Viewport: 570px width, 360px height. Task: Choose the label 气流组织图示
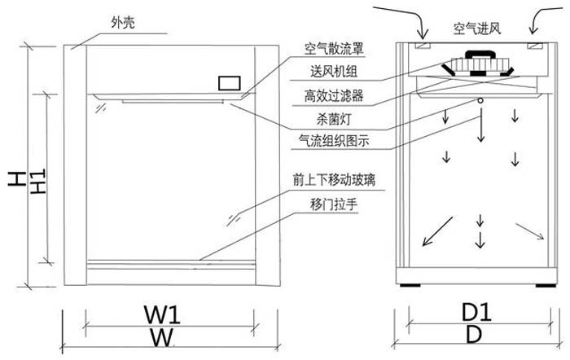(335, 140)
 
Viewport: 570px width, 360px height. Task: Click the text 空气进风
(476, 29)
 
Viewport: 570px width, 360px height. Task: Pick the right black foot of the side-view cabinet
(544, 286)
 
